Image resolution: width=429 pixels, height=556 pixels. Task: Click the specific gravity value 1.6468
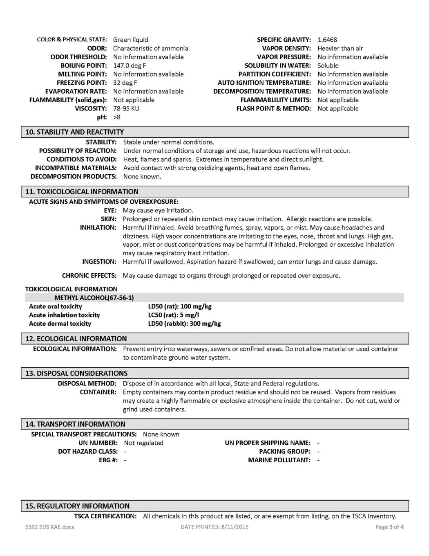(x=327, y=40)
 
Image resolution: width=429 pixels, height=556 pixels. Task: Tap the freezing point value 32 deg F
(x=125, y=83)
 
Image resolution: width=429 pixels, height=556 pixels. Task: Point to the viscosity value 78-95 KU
(x=126, y=108)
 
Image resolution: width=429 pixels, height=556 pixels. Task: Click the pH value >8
(x=117, y=117)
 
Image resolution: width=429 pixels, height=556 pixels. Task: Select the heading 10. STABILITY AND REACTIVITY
(x=74, y=132)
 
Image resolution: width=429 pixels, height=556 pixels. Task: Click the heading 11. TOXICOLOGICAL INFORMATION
(x=82, y=191)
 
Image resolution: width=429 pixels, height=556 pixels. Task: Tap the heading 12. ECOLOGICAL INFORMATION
(x=76, y=339)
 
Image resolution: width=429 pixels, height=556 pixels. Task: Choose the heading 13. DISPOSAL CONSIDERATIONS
(x=76, y=373)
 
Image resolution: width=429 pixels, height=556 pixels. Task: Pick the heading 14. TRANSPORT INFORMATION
(x=75, y=424)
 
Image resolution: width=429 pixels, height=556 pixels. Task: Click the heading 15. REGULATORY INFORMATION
(x=77, y=506)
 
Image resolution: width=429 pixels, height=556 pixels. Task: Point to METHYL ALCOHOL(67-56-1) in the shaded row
(x=94, y=298)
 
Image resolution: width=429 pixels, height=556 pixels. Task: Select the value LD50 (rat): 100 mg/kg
(x=180, y=306)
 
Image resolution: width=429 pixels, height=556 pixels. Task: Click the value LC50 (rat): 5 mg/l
(x=174, y=315)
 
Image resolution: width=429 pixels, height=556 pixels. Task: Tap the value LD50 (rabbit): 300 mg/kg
(x=184, y=324)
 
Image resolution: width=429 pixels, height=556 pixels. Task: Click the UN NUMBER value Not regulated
(x=143, y=443)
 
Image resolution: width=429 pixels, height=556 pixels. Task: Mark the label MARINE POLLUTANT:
(x=279, y=460)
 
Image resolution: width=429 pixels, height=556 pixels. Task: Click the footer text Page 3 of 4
(x=389, y=527)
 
